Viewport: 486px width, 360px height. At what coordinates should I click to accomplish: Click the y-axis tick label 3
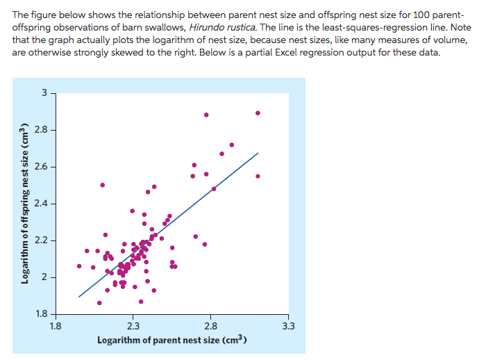coord(44,92)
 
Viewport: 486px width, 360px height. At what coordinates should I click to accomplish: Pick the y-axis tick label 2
coord(44,277)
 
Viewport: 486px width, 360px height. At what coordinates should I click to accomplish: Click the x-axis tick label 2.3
coord(133,325)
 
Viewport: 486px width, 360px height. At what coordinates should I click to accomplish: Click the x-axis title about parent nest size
coord(172,340)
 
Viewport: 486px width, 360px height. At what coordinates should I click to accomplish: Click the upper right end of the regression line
coord(258,153)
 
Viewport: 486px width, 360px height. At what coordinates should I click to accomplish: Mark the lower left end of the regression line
coord(79,297)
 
